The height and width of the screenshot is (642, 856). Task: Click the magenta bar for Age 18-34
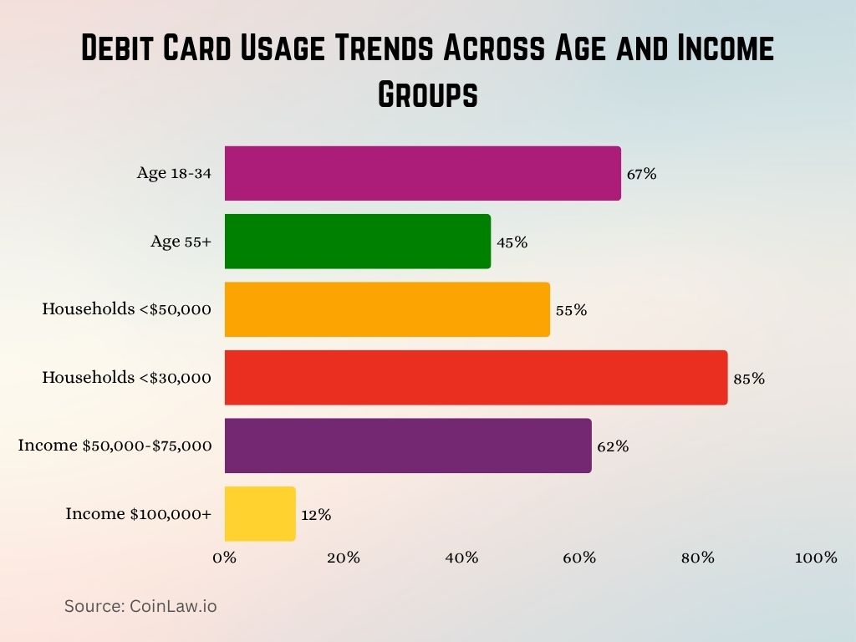[422, 174]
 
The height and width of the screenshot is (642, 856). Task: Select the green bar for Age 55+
[357, 242]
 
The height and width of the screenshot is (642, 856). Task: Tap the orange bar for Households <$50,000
[387, 309]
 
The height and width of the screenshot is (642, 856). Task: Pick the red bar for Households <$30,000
[476, 378]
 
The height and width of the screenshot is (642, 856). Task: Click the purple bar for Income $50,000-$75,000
[408, 446]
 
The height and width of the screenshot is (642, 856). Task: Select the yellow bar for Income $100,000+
[260, 514]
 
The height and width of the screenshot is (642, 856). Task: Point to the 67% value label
[641, 174]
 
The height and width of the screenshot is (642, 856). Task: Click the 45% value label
[511, 242]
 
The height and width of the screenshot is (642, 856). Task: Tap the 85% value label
[748, 378]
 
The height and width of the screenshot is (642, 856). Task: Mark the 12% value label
[316, 515]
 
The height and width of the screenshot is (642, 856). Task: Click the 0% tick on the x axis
[225, 558]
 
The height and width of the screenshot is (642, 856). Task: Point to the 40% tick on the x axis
[461, 558]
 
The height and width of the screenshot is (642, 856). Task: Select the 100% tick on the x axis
[816, 558]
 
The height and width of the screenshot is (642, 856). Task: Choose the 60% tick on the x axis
[579, 558]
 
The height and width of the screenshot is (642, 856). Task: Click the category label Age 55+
[181, 242]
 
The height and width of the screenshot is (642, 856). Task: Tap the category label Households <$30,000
[127, 378]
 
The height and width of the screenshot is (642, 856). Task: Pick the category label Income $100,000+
[139, 514]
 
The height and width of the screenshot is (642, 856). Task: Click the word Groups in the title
[428, 94]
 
